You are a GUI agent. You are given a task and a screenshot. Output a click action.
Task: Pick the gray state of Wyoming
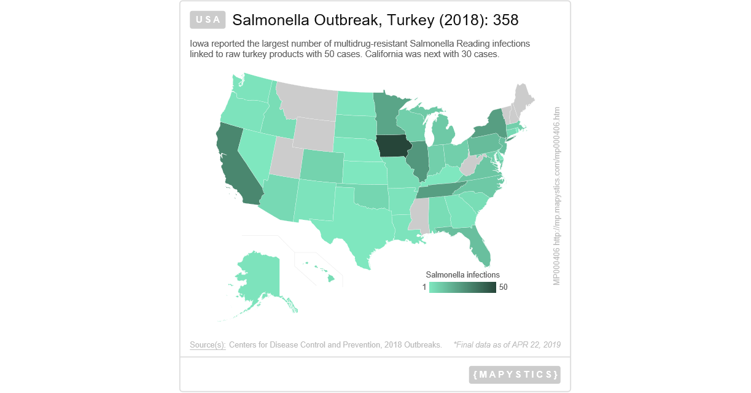click(314, 133)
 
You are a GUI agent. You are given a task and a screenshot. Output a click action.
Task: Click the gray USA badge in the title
click(208, 20)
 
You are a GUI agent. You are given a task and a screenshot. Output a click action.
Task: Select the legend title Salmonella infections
click(462, 274)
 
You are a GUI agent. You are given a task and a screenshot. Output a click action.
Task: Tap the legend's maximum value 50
click(504, 287)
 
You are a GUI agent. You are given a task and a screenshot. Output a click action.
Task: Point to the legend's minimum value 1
click(424, 287)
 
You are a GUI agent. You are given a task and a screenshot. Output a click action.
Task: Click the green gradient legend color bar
click(462, 287)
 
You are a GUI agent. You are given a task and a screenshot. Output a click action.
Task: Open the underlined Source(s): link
click(208, 345)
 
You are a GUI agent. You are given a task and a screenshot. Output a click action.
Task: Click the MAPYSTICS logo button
click(515, 375)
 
